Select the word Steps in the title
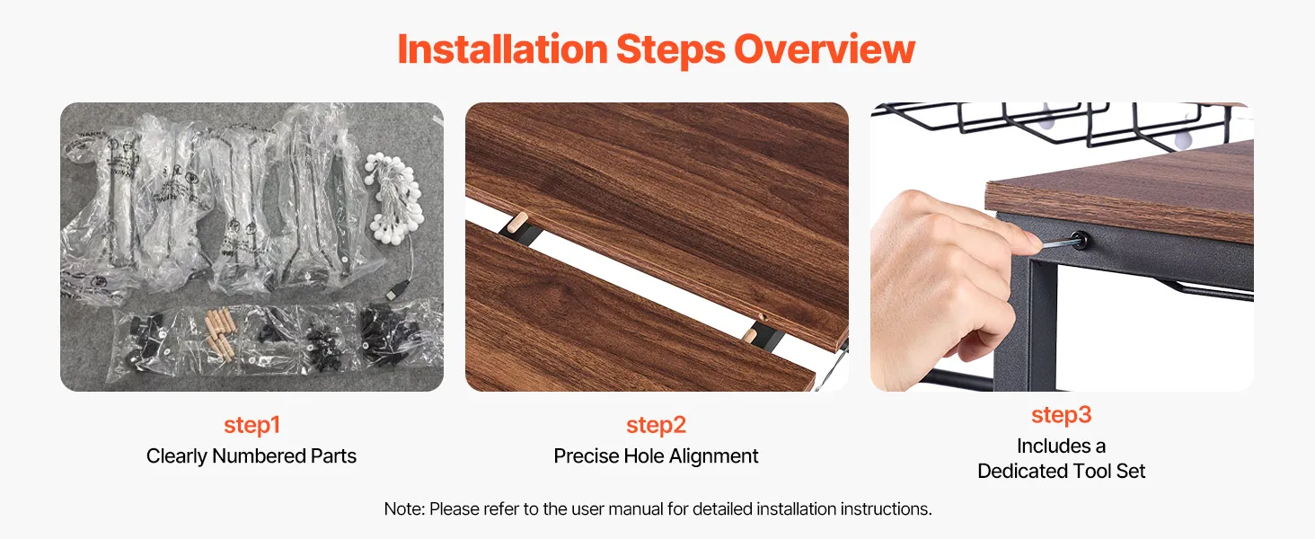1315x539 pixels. point(670,50)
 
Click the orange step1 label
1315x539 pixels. point(252,425)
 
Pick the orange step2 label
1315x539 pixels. point(657,425)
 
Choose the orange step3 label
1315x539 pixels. point(1062,415)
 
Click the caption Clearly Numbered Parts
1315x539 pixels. point(252,456)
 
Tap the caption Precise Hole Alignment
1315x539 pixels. point(656,456)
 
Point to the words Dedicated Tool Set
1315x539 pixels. point(1062,471)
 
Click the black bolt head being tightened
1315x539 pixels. point(1079,240)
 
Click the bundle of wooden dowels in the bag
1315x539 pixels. point(218,332)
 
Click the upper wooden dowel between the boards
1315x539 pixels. point(518,222)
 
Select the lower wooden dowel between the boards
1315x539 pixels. point(749,335)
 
